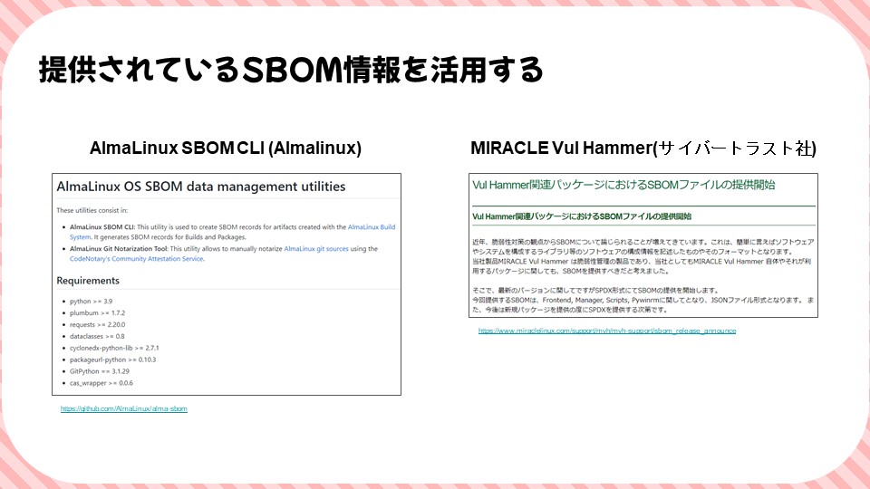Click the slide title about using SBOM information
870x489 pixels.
pyautogui.click(x=290, y=70)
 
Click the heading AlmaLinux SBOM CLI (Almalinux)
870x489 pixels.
pyautogui.click(x=226, y=148)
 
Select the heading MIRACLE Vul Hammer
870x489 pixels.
pyautogui.click(x=643, y=148)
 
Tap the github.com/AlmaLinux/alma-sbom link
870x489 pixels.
pyautogui.click(x=123, y=409)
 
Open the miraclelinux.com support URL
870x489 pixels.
pyautogui.click(x=606, y=331)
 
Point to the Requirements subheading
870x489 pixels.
pyautogui.click(x=88, y=281)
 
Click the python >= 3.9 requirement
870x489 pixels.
pyautogui.click(x=90, y=300)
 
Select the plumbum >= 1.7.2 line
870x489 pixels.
pyautogui.click(x=96, y=312)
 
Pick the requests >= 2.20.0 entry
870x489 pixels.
pyautogui.click(x=98, y=324)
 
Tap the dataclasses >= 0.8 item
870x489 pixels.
pyautogui.click(x=98, y=336)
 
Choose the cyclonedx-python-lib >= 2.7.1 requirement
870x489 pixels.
pyautogui.click(x=114, y=348)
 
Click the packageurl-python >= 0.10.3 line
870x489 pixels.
pyautogui.click(x=112, y=360)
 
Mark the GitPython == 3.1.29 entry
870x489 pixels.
pyautogui.click(x=99, y=371)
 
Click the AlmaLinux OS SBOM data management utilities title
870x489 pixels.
pyautogui.click(x=200, y=187)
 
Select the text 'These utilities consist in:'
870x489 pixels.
pyautogui.click(x=90, y=210)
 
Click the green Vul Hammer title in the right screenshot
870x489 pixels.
pyautogui.click(x=623, y=185)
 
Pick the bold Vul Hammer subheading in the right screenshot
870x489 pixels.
pyautogui.click(x=582, y=216)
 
